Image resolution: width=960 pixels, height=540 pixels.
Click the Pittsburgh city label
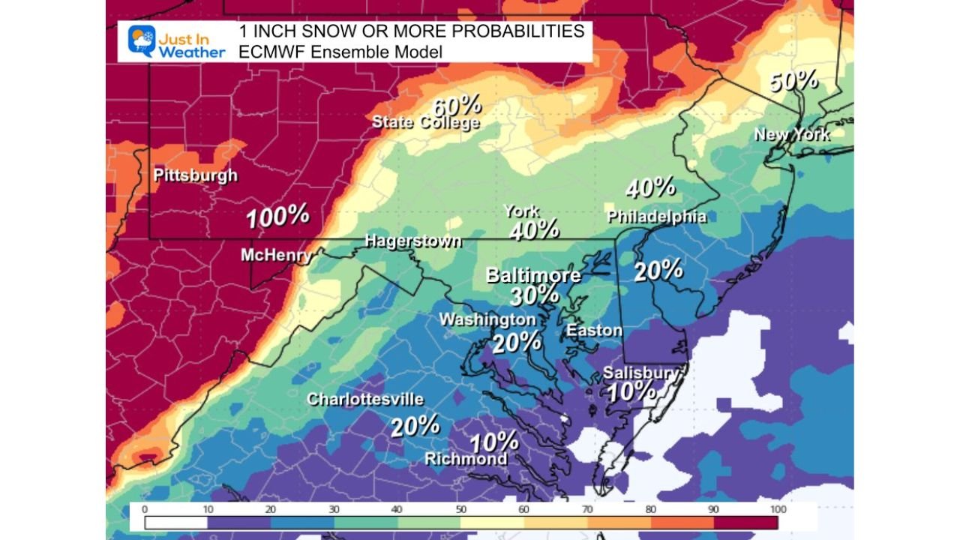(x=195, y=175)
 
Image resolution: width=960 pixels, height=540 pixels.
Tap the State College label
(x=425, y=122)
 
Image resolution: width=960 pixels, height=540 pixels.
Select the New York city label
(x=792, y=134)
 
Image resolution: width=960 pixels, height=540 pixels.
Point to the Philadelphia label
(x=656, y=217)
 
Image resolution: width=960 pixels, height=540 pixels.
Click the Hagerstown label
(x=412, y=241)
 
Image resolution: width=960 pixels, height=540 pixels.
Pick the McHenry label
(x=276, y=255)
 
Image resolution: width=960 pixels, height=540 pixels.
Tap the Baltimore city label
(x=533, y=275)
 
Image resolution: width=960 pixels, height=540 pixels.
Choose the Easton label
(x=594, y=330)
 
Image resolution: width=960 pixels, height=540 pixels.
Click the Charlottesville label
(x=365, y=399)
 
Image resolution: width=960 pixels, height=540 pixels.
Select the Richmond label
(x=466, y=458)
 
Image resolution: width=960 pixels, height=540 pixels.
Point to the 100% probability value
(x=277, y=217)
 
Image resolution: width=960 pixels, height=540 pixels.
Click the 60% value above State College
(x=457, y=105)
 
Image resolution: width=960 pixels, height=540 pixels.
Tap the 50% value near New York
(x=793, y=80)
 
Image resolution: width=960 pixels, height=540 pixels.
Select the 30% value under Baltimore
(x=534, y=295)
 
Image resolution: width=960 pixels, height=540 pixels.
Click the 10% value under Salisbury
(x=631, y=391)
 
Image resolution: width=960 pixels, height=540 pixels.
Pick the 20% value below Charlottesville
(x=415, y=426)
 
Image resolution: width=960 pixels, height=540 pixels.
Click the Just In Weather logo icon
(x=141, y=40)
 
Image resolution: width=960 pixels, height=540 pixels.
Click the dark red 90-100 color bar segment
(x=746, y=521)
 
